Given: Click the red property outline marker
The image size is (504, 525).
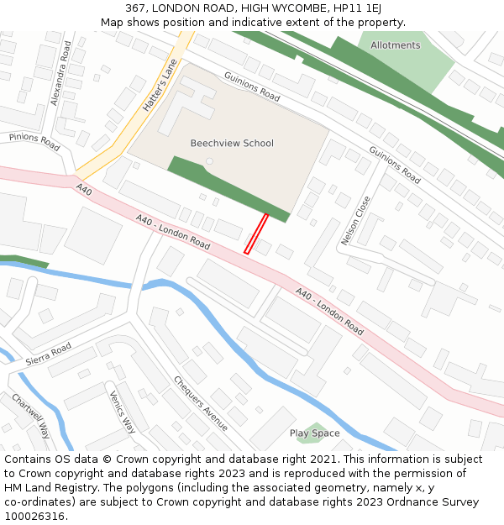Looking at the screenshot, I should tap(255, 234).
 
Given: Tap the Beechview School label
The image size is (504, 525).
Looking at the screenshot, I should tap(232, 143).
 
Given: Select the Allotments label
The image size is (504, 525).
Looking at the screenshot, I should tap(395, 45).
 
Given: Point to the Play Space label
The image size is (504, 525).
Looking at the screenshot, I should tap(315, 433).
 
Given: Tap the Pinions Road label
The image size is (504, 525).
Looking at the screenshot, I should tap(34, 142).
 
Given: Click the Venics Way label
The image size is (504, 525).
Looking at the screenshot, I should tap(123, 412).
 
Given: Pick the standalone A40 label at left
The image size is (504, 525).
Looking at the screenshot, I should tap(83, 191).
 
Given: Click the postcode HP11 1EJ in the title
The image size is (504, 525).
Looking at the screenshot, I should tap(360, 8).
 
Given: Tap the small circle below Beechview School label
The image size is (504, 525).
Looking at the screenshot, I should tap(210, 161).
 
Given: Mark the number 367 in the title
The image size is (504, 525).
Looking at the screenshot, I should tap(139, 8).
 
